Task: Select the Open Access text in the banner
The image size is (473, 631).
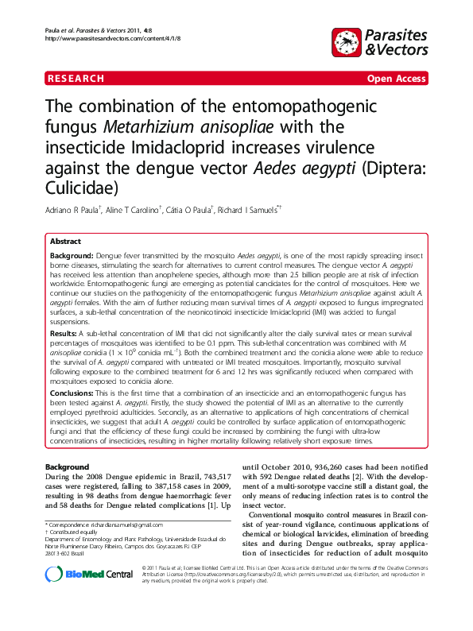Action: (x=395, y=79)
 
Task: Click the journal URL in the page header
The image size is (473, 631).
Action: (x=96, y=39)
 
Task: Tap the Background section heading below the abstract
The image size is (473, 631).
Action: (x=68, y=466)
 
